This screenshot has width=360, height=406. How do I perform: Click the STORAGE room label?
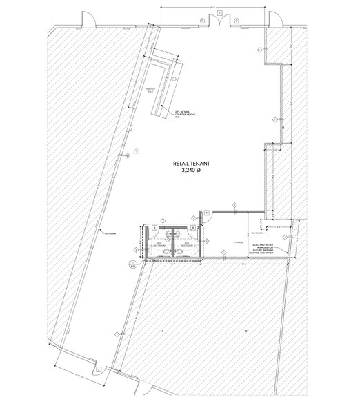239,242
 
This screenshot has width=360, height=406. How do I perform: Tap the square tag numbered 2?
99,369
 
